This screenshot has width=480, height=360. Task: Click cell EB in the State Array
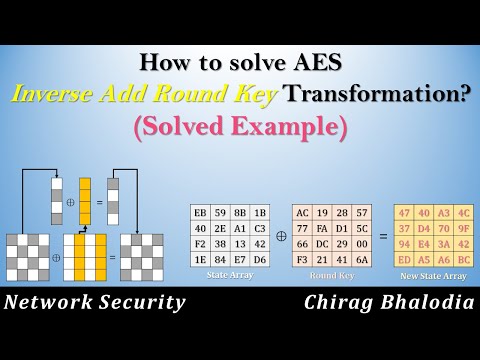[200, 212]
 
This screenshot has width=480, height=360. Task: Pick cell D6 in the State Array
[260, 260]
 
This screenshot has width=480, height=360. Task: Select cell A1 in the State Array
[240, 228]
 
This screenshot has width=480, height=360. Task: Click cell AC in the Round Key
[302, 212]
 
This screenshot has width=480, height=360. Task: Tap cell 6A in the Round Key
[362, 260]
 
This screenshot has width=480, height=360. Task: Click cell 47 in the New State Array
[404, 212]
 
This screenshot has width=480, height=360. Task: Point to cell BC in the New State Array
[464, 260]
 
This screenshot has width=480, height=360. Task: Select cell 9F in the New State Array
[464, 228]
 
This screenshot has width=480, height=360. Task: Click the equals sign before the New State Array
[383, 237]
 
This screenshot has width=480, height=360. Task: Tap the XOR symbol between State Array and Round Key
[281, 237]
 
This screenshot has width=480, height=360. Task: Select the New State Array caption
[434, 275]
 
